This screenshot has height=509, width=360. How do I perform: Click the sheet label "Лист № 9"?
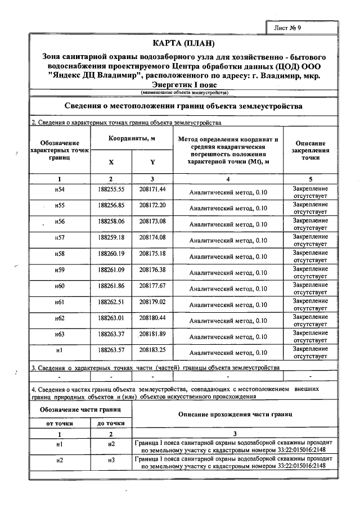[289, 28]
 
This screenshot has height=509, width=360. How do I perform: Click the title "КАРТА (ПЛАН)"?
[184, 43]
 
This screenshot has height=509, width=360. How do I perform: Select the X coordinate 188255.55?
[110, 188]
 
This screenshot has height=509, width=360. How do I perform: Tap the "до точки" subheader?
[111, 424]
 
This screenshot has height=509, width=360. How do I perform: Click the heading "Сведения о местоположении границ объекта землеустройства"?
[183, 106]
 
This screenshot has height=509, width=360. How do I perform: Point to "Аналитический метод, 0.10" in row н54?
[228, 192]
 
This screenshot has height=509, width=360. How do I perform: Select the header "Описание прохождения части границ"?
[235, 414]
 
